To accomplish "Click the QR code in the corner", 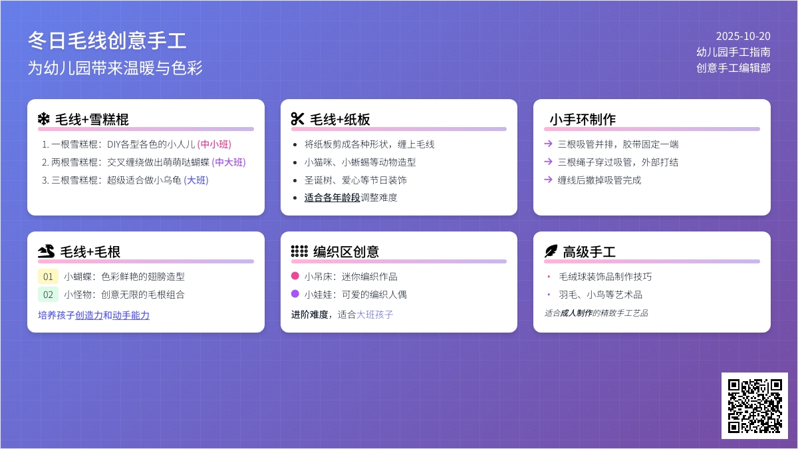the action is pos(755,406).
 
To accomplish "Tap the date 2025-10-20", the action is pos(743,36).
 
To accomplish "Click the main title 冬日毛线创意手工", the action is pos(107,41).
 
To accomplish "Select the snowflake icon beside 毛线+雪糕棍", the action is pos(44,119).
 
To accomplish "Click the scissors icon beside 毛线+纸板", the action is pos(297,119).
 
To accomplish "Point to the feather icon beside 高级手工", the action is pos(551,251).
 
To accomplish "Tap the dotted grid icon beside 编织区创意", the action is pos(299,251).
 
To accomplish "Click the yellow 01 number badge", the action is pos(48,277).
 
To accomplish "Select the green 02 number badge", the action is pos(48,294).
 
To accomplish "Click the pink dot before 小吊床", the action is pos(295,275).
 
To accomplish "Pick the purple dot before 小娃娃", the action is pos(295,293).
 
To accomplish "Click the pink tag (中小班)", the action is pos(214,144).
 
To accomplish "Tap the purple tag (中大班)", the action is pos(229,162).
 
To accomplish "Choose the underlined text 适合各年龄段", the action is pos(332,198).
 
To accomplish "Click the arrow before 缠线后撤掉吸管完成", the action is pos(548,179).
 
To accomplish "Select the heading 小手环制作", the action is pos(583,119).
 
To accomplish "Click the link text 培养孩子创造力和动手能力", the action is pos(94,315).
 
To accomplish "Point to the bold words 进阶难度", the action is pos(310,314).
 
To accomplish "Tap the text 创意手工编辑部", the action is pos(733,68).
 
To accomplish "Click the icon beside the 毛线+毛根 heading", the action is pos(47,251).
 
